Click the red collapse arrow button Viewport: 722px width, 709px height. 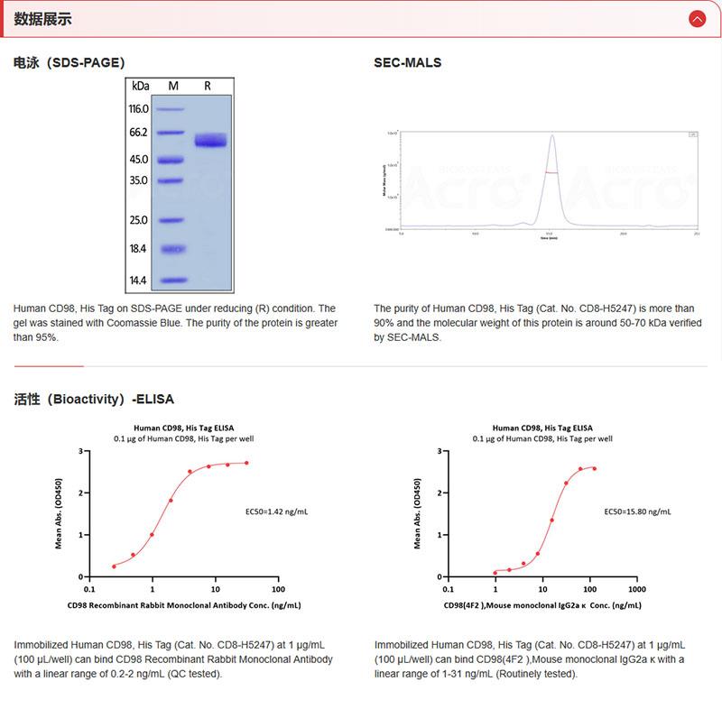pos(697,19)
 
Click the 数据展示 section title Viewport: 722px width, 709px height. pos(42,19)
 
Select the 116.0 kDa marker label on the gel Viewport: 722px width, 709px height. pos(138,109)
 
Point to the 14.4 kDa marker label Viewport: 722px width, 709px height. pos(138,281)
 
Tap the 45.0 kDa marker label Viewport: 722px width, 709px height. pos(138,160)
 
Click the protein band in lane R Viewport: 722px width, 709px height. pos(210,141)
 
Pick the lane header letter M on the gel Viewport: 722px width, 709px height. pos(173,86)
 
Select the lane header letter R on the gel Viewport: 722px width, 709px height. pos(208,86)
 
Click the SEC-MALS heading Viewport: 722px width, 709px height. pos(407,63)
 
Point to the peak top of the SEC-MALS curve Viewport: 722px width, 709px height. pos(551,137)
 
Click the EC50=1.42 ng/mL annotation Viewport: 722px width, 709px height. pos(277,511)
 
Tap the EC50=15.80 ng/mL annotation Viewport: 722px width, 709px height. pos(637,511)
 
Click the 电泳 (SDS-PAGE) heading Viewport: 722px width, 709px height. pos(69,63)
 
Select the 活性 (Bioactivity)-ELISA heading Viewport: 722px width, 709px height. pos(94,399)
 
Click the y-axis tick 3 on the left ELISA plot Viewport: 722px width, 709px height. pos(81,451)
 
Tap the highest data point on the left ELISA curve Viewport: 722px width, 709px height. pos(246,463)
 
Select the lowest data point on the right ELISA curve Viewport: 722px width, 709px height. pos(495,572)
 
